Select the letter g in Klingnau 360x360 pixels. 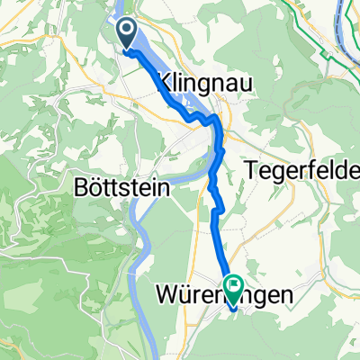pyautogui.click(x=202, y=85)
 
